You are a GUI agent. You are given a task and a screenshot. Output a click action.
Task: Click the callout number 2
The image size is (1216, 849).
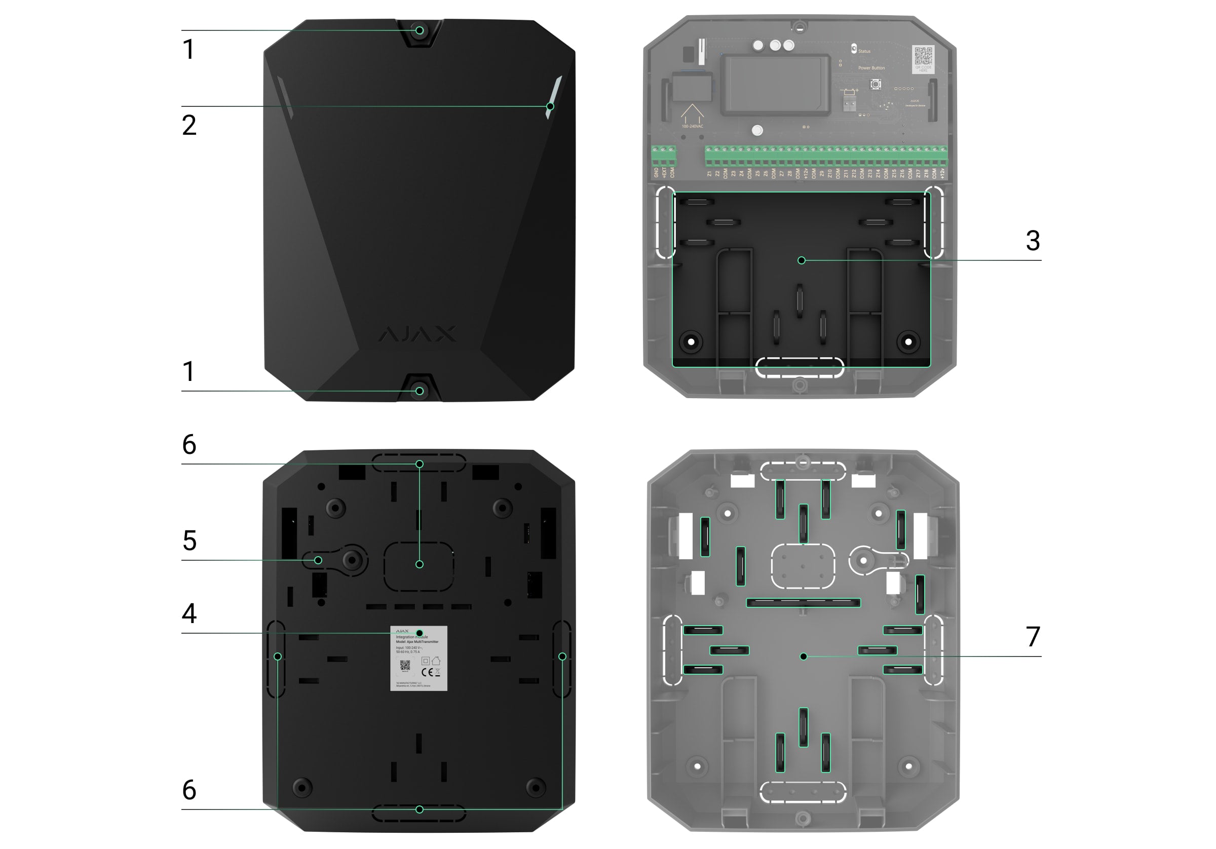[x=189, y=126]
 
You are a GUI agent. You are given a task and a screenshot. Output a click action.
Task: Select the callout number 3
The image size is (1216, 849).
[x=1032, y=241]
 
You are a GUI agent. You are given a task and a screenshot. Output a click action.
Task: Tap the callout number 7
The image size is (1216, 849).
[x=1032, y=637]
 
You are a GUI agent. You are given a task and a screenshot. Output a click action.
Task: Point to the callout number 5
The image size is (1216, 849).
[x=189, y=541]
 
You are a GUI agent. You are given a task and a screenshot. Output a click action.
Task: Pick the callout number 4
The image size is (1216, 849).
[x=189, y=613]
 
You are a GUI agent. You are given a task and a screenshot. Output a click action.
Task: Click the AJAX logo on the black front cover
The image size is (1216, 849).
[x=417, y=334]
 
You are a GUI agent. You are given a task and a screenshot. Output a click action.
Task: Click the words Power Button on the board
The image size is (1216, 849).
[x=871, y=68]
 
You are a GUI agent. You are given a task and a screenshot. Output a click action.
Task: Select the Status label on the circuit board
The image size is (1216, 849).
[x=864, y=51]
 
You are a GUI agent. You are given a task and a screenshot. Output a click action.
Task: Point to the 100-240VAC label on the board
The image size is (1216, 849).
[x=692, y=127]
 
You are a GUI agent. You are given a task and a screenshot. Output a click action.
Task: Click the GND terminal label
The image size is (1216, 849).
[x=656, y=173]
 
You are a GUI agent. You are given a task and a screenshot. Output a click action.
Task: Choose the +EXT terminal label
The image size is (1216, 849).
[x=664, y=173]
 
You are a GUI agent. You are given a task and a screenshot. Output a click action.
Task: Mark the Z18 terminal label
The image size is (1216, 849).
[x=926, y=173]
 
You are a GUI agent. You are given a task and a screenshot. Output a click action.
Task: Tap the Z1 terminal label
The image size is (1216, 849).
[x=710, y=173]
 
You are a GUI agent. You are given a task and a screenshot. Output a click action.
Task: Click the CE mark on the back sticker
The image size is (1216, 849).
[x=427, y=672]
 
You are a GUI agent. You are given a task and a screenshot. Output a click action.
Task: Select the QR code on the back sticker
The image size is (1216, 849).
[x=405, y=666]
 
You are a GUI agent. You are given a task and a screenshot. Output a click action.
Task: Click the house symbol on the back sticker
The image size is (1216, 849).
[x=436, y=661]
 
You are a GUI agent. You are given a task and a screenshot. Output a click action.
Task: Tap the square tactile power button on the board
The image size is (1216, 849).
[x=876, y=84]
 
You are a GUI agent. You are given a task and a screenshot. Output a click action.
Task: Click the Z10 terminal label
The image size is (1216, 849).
[x=830, y=173]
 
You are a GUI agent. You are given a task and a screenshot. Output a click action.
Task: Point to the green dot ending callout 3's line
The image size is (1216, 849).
[x=802, y=260]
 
